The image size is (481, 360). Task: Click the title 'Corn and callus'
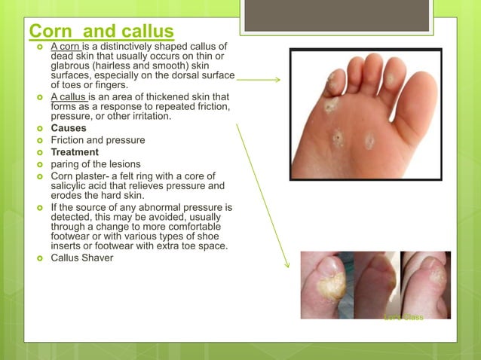coord(101,32)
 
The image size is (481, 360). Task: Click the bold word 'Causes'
coord(69,129)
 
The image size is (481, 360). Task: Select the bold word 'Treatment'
coord(74,152)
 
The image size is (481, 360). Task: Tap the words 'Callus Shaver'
coord(82,258)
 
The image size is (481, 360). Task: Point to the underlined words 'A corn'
coord(64,47)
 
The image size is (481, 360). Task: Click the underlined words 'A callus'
coord(69,97)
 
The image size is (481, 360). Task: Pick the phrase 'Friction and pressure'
coord(98,140)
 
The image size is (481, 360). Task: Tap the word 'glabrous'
coord(72,66)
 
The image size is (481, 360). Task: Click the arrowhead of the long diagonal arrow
coord(288,266)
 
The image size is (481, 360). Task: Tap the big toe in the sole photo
coord(421,78)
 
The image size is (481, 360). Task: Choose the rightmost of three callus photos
coord(425,285)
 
